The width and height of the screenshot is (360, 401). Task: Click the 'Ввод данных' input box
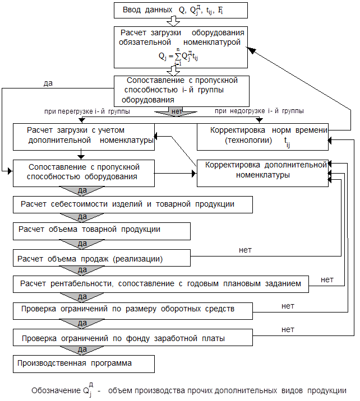[181, 10]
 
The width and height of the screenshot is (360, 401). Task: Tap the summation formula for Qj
[178, 57]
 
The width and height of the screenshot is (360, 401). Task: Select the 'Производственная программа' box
[84, 363]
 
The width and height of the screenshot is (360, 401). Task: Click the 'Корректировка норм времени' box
[262, 137]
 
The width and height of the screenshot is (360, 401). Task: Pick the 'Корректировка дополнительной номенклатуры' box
[262, 173]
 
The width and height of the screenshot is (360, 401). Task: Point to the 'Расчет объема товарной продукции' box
[101, 231]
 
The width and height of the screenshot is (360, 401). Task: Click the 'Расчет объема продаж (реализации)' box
[101, 258]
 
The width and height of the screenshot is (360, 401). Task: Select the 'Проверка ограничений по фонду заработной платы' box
[133, 337]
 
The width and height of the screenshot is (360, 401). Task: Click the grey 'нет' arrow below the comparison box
[176, 111]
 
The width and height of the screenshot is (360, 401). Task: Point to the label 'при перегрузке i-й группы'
[87, 111]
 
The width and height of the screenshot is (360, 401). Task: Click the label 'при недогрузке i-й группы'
[259, 111]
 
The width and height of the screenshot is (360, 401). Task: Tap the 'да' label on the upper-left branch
[48, 83]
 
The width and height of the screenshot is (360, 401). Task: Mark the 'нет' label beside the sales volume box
[245, 250]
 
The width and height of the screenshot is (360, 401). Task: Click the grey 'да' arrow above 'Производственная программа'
[82, 350]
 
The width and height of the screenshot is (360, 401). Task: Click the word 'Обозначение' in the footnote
[56, 390]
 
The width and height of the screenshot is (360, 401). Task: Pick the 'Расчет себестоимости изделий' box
[133, 204]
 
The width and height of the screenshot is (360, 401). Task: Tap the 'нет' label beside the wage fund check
[288, 330]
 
